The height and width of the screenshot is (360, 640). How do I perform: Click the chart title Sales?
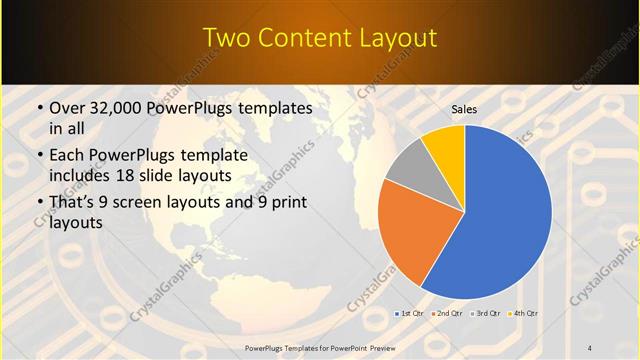coord(464,109)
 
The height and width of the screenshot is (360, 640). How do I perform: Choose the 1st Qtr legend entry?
coord(409,314)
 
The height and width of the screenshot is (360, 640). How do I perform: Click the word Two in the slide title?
coord(225,39)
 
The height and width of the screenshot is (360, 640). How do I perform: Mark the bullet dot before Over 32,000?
coord(38,108)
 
